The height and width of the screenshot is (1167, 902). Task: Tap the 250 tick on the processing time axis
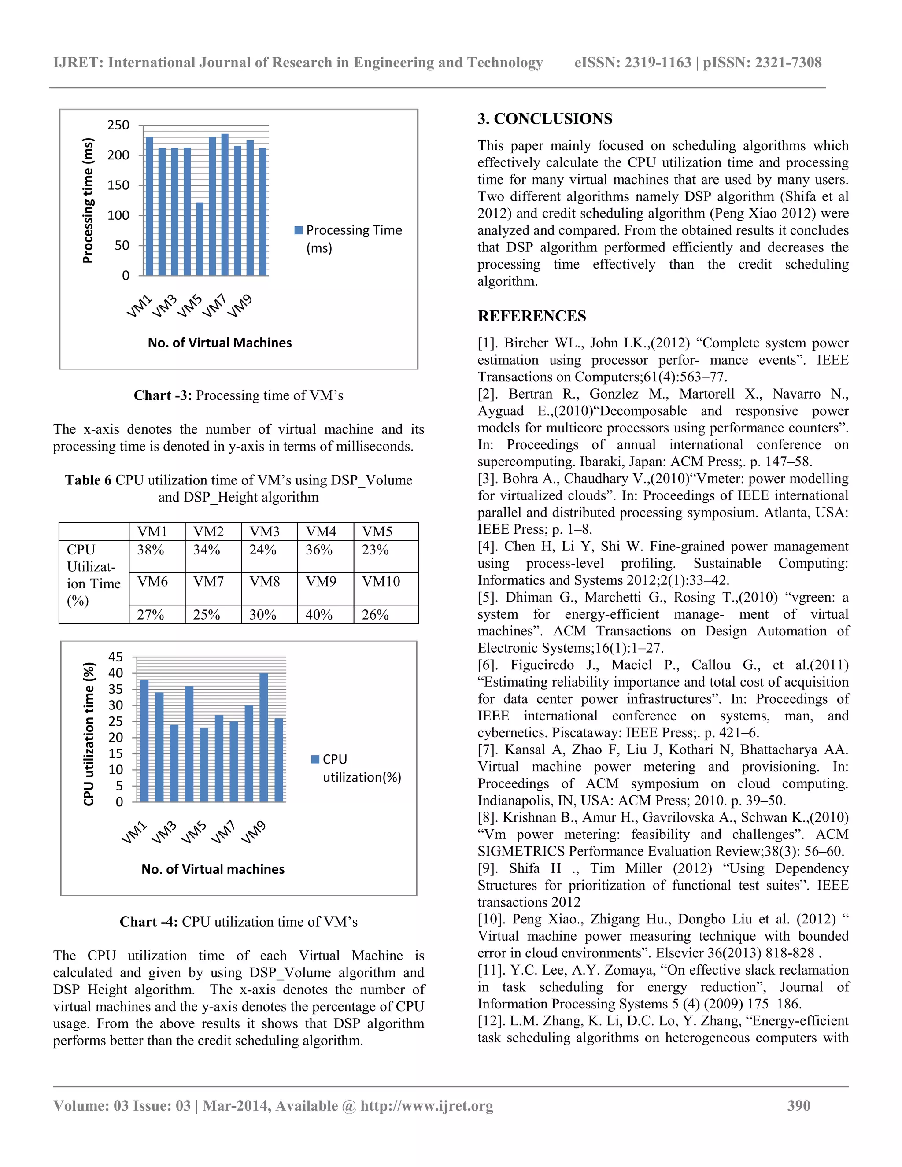[118, 125]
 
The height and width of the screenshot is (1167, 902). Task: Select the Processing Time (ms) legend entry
[348, 238]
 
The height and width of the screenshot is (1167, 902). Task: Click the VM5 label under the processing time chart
[190, 306]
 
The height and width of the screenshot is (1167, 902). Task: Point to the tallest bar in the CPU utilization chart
[263, 737]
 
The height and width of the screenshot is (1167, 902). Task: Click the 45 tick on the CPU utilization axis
[116, 657]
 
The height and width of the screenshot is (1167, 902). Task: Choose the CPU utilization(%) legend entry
[356, 768]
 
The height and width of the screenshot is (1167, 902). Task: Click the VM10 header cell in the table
[381, 581]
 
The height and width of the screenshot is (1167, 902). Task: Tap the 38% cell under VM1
[151, 550]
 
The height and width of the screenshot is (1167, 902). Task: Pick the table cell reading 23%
[375, 550]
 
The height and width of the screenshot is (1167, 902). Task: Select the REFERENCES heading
[532, 316]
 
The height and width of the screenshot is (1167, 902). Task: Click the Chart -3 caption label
[163, 395]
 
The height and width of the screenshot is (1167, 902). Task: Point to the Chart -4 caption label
[148, 922]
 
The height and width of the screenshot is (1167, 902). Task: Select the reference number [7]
[488, 750]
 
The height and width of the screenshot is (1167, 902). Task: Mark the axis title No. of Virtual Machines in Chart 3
[220, 343]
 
